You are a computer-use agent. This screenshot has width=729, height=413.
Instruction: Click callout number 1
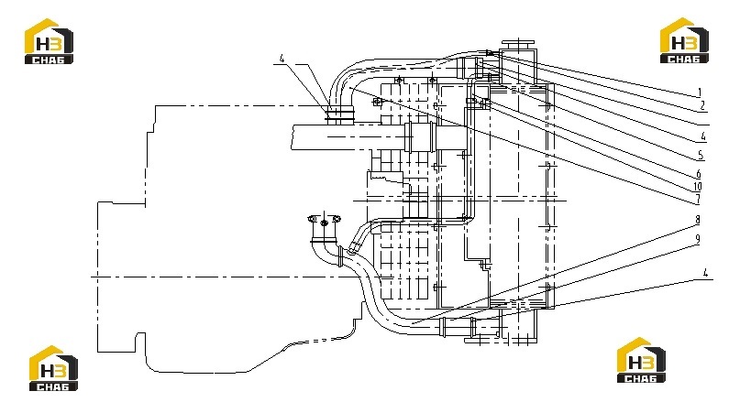point(700,92)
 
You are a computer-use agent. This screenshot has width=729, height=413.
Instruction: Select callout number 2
point(702,106)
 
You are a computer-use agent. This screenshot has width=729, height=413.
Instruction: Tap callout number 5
point(701,155)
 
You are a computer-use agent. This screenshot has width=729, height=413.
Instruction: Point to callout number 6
point(699,174)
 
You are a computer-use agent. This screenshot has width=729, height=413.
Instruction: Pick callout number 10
point(698,187)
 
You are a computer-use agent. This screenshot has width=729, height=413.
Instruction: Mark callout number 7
point(698,200)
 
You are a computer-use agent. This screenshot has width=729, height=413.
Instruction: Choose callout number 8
point(698,220)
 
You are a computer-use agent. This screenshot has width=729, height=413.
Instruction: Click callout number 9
point(698,239)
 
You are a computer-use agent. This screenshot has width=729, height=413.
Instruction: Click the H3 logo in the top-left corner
point(49,41)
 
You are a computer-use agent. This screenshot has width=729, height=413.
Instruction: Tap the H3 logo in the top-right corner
point(684,40)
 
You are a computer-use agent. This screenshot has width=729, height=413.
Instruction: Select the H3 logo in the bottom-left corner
point(53,368)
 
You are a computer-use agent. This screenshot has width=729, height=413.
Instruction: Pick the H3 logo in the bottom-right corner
point(641,360)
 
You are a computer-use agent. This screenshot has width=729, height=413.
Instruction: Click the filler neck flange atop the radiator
point(518,45)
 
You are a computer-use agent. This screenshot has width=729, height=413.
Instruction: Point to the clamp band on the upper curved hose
point(340,114)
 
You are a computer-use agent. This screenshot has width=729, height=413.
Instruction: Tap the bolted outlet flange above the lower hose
point(324,220)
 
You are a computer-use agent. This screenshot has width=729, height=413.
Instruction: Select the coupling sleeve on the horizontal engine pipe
point(420,137)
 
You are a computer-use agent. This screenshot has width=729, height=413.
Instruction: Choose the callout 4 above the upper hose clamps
point(282,59)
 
